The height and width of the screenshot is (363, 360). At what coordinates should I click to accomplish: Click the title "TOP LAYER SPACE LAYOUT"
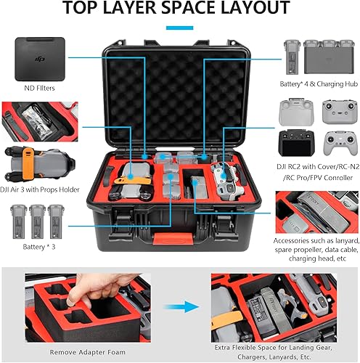(x=180, y=9)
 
